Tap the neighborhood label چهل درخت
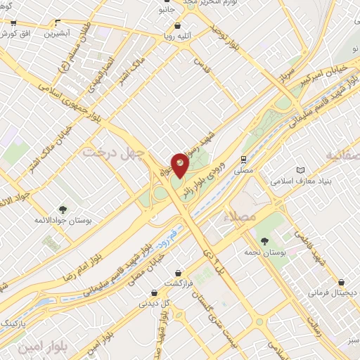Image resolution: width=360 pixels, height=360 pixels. coord(113,151)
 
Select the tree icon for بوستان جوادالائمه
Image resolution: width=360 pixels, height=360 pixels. coord(63,209)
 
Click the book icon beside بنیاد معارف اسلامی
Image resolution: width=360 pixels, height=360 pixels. coord(301,171)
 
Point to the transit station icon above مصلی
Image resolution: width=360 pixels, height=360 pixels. coord(243,159)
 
